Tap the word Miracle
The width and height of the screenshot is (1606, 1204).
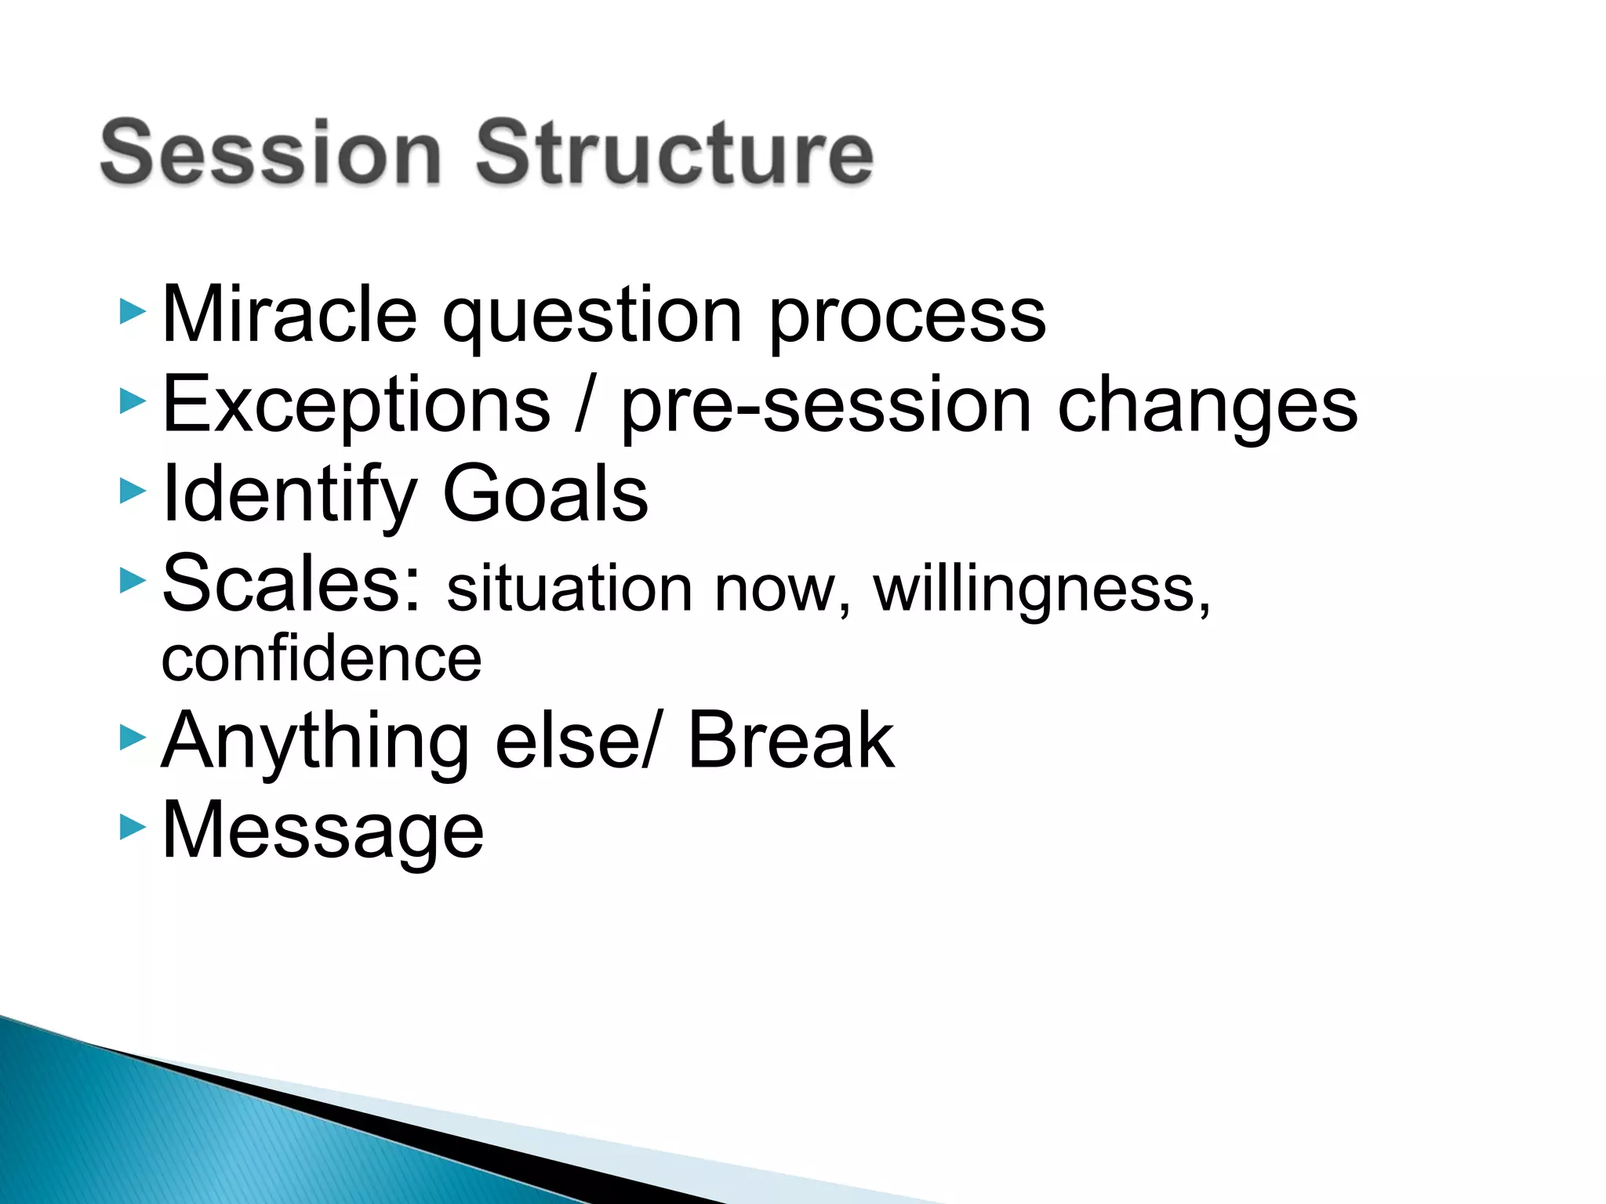289,314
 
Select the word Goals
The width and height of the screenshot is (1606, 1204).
545,494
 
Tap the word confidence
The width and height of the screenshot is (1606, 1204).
322,658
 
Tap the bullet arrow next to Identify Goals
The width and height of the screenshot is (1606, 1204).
133,491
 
